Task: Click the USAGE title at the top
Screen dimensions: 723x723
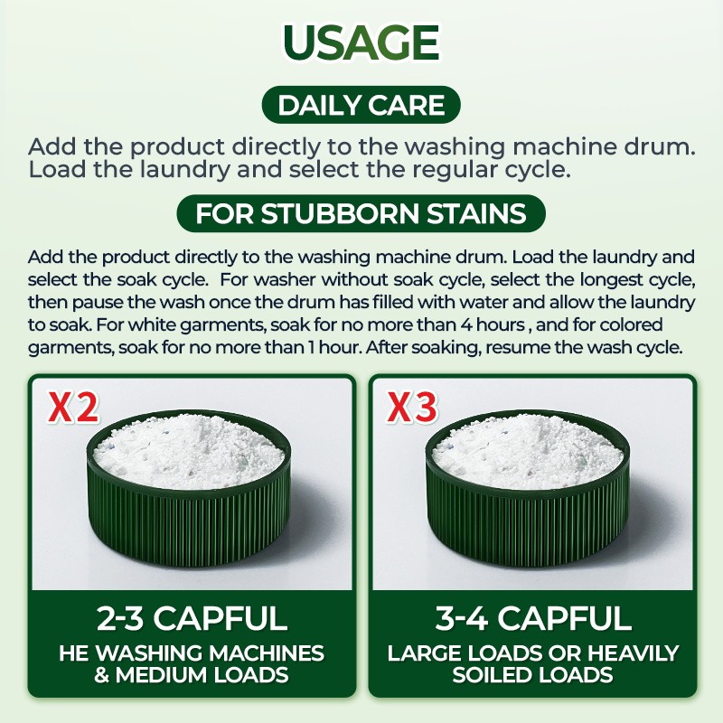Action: [x=361, y=43]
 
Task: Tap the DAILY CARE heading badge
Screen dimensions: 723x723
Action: [x=361, y=106]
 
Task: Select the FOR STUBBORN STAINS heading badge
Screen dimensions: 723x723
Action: [x=361, y=215]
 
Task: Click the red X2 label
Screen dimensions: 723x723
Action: [x=73, y=409]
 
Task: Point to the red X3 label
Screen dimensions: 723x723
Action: [x=413, y=409]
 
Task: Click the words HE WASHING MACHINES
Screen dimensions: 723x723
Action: [x=192, y=653]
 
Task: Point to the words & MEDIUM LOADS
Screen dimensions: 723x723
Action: [x=192, y=674]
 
